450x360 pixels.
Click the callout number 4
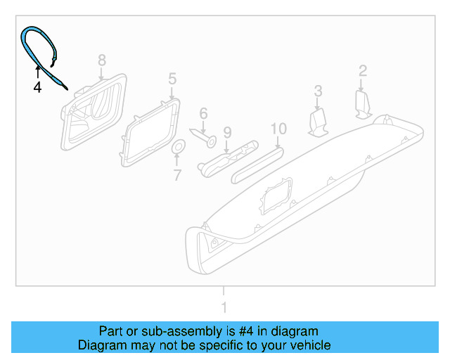tap(37, 88)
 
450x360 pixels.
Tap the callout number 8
tap(101, 60)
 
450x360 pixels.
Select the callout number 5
tap(172, 77)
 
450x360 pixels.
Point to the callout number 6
tap(203, 113)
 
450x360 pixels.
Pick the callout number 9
tap(227, 131)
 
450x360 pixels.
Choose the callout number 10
tap(278, 129)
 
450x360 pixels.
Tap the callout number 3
tap(318, 91)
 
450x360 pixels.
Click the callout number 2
tap(363, 70)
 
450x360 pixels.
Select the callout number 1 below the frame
tap(224, 307)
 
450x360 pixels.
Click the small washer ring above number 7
tap(178, 147)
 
